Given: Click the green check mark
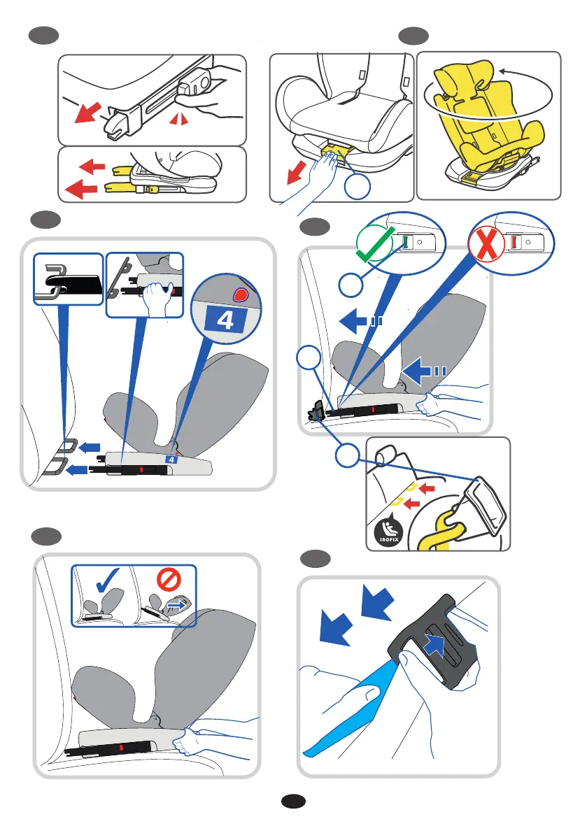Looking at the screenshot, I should [376, 246].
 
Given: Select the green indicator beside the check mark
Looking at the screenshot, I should [404, 242].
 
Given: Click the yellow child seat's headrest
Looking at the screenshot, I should [459, 79].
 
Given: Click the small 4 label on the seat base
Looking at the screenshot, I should [172, 458].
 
